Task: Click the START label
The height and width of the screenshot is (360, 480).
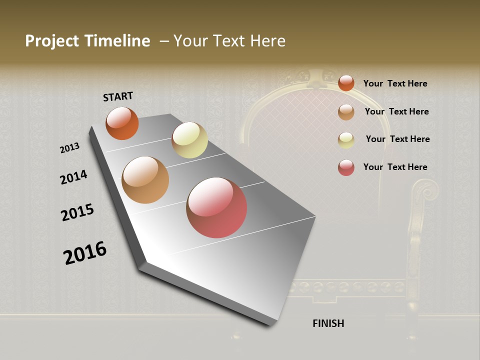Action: click(x=118, y=96)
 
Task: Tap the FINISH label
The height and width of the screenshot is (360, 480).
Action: click(x=328, y=323)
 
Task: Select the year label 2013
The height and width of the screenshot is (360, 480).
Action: click(x=69, y=148)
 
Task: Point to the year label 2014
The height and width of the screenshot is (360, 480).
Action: click(x=73, y=177)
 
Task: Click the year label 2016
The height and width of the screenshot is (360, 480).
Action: click(x=85, y=253)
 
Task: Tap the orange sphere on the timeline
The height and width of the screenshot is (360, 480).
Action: click(x=122, y=123)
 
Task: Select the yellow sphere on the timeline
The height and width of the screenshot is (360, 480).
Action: click(x=189, y=140)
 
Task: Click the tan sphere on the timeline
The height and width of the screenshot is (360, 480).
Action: click(x=145, y=180)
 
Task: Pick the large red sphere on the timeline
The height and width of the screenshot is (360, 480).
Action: click(x=216, y=207)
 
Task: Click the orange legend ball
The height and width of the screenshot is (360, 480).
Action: click(x=346, y=83)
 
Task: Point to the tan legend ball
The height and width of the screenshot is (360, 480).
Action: click(x=346, y=112)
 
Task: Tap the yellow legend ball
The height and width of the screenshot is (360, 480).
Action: click(x=346, y=140)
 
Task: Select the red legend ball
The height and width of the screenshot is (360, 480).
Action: click(x=346, y=167)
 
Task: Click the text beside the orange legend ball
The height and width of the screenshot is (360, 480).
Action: click(x=395, y=83)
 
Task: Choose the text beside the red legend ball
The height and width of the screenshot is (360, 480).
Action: click(x=395, y=167)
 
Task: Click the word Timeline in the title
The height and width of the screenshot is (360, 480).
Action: click(x=117, y=41)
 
